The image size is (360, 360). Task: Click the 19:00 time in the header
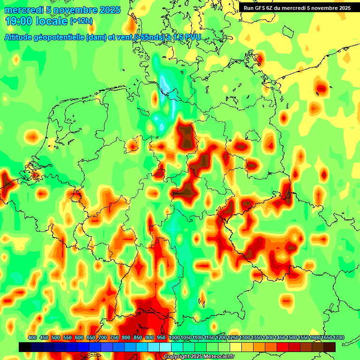coord(20,21)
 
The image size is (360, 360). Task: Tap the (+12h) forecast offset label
coord(81,21)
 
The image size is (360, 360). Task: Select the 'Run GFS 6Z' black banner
coord(297,7)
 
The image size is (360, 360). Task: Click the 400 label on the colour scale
coord(32,338)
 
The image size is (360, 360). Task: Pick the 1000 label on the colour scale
coord(174,338)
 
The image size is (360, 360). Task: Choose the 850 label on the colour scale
coord(138,338)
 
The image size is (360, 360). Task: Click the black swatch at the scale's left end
coord(25,347)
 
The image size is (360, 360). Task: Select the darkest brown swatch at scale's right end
coord(330,347)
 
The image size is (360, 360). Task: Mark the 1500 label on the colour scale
coord(292,338)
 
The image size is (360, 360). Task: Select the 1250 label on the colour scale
coord(233,338)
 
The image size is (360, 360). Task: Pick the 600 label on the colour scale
coord(79,338)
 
